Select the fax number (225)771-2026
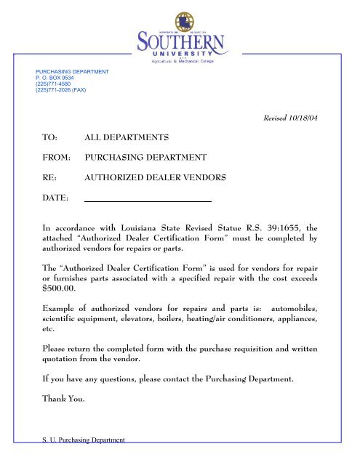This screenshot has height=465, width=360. coord(61,91)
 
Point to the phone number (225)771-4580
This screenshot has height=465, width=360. coord(53,84)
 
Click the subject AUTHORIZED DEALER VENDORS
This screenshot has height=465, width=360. coord(156,177)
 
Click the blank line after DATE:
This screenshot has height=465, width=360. coord(148,198)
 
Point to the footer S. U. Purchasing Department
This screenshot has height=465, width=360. coord(81,439)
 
